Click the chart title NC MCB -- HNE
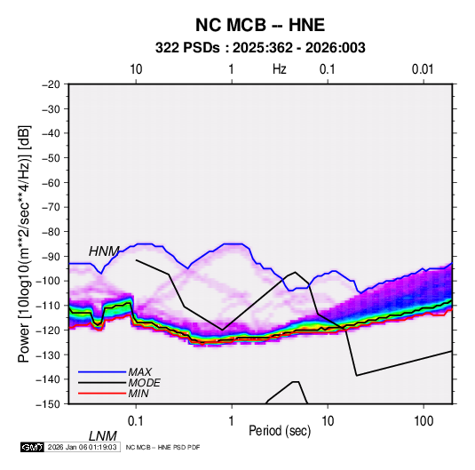pos(260,25)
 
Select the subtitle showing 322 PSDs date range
pos(260,48)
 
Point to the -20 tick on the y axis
pos(51,84)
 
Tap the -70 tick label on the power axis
pos(51,207)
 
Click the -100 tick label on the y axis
pos(48,281)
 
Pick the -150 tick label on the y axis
pos(48,404)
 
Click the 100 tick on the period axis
pos(424,421)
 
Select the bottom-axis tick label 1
pos(232,421)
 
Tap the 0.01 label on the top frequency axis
pos(423,69)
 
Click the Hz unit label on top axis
pos(280,69)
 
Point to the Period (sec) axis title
pos(280,431)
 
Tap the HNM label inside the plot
pos(104,251)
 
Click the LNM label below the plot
pos(103,436)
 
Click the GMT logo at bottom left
pos(32,447)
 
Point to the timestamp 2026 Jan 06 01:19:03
pos(82,447)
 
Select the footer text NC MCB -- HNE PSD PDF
pos(162,447)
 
